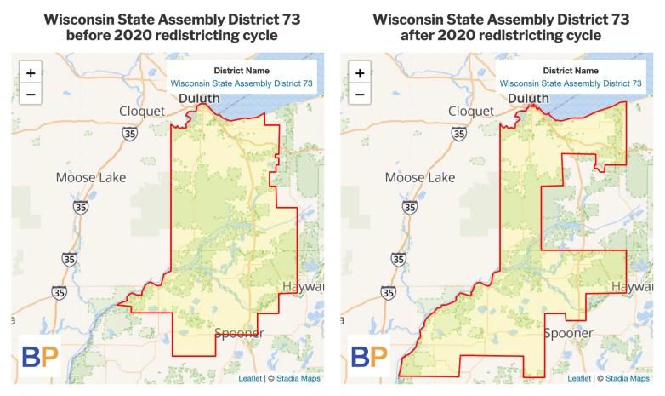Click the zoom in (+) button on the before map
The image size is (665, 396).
pyautogui.click(x=30, y=73)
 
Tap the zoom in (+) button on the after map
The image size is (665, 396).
pyautogui.click(x=360, y=73)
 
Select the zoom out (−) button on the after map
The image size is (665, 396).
pyautogui.click(x=360, y=94)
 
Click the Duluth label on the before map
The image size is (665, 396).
pyautogui.click(x=199, y=99)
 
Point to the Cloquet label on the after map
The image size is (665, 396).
pyautogui.click(x=469, y=111)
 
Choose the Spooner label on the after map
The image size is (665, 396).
pyautogui.click(x=568, y=333)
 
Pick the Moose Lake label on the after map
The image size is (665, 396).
pyautogui.click(x=419, y=178)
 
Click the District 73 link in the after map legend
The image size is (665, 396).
pyautogui.click(x=571, y=83)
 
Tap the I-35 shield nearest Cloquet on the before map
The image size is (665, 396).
pyautogui.click(x=129, y=134)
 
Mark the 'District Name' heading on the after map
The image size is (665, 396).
pyautogui.click(x=571, y=71)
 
